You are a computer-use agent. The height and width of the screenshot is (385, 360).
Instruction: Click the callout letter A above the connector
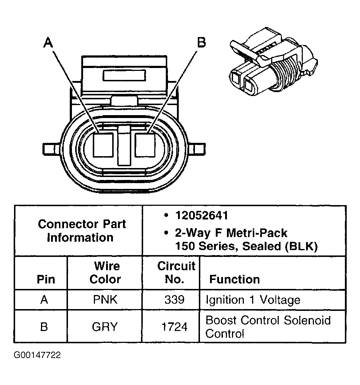click(48, 43)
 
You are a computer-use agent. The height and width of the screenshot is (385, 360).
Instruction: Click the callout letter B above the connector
click(201, 42)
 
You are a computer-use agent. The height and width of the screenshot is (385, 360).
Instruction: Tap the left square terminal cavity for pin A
click(103, 145)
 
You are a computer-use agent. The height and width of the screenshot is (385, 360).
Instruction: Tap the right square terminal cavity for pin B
click(145, 145)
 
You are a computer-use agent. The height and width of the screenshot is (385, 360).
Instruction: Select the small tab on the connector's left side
click(49, 148)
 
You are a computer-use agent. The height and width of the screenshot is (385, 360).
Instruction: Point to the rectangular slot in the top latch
click(124, 76)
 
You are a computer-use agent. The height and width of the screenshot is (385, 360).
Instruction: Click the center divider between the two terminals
click(124, 145)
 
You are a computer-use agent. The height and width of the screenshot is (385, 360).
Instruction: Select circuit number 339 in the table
click(174, 300)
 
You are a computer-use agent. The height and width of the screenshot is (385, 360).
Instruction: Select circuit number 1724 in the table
click(174, 327)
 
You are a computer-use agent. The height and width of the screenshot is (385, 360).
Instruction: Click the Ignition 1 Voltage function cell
click(252, 300)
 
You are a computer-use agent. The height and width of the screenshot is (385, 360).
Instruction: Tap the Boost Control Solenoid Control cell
click(268, 326)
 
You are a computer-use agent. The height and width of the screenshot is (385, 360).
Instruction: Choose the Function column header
click(234, 279)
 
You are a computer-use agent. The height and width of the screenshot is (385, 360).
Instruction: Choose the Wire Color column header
click(105, 272)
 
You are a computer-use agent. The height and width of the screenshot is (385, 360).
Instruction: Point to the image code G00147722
click(37, 355)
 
